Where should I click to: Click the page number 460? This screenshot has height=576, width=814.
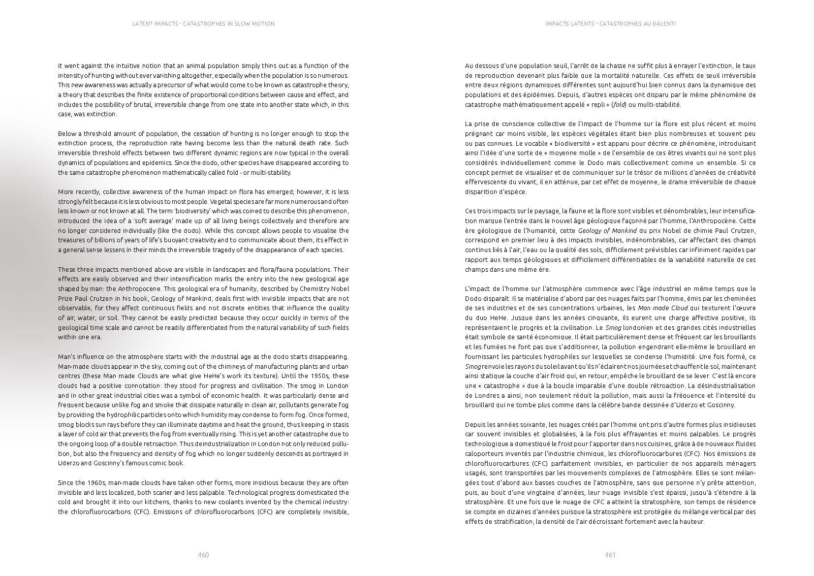click(203, 555)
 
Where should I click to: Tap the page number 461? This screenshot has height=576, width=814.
click(610, 555)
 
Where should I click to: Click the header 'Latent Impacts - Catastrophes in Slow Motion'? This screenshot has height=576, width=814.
click(203, 24)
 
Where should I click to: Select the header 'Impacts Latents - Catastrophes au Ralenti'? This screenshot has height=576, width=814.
click(610, 24)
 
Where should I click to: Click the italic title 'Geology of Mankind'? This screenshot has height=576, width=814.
click(607, 230)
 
